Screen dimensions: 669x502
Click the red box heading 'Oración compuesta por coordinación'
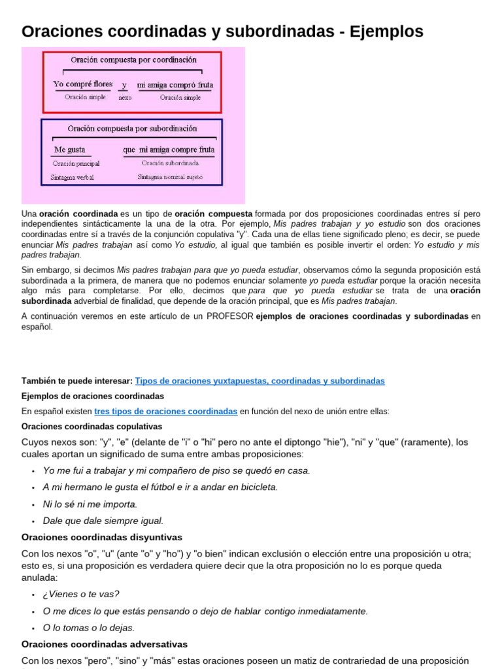pyautogui.click(x=132, y=59)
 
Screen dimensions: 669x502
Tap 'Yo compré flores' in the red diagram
pyautogui.click(x=82, y=84)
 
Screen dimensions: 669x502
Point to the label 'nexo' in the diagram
pyautogui.click(x=124, y=97)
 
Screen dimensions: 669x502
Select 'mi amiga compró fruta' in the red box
pyautogui.click(x=175, y=84)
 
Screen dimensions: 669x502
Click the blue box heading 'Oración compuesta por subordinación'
pyautogui.click(x=132, y=128)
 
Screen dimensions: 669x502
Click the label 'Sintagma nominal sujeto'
pyautogui.click(x=170, y=176)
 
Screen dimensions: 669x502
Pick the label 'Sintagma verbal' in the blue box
pyautogui.click(x=73, y=177)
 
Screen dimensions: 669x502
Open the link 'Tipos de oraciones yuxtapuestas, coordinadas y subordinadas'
pyautogui.click(x=259, y=381)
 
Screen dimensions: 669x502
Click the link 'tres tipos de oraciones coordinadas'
pyautogui.click(x=165, y=411)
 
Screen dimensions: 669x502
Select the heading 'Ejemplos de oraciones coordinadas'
pyautogui.click(x=92, y=396)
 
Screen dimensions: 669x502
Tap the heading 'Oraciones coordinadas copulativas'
pyautogui.click(x=92, y=426)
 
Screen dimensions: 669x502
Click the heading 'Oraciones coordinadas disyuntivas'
pyautogui.click(x=102, y=537)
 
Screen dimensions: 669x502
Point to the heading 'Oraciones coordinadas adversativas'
pyautogui.click(x=105, y=644)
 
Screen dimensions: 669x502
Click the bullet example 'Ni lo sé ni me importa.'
pyautogui.click(x=90, y=504)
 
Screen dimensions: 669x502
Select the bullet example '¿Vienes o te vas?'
pyautogui.click(x=81, y=594)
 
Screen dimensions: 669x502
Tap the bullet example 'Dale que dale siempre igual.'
pyautogui.click(x=103, y=521)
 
